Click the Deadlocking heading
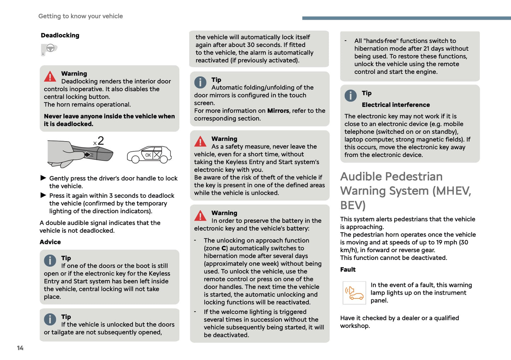tap(60, 35)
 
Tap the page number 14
tap(20, 348)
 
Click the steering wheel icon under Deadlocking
tap(49, 49)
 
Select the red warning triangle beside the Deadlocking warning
tap(50, 76)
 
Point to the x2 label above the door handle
tap(99, 141)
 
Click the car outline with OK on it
tap(149, 155)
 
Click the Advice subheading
tap(50, 242)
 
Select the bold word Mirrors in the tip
tap(278, 111)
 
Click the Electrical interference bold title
tap(396, 105)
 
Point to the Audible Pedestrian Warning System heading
tap(406, 191)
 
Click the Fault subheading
tap(348, 269)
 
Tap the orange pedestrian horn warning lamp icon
tap(354, 293)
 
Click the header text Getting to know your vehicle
tap(81, 16)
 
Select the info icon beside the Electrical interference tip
tap(350, 95)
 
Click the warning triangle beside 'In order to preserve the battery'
tap(200, 215)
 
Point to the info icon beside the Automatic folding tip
tap(200, 82)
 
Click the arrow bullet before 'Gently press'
tap(43, 178)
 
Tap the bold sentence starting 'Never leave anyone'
tap(109, 120)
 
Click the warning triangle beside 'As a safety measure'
tap(200, 141)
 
